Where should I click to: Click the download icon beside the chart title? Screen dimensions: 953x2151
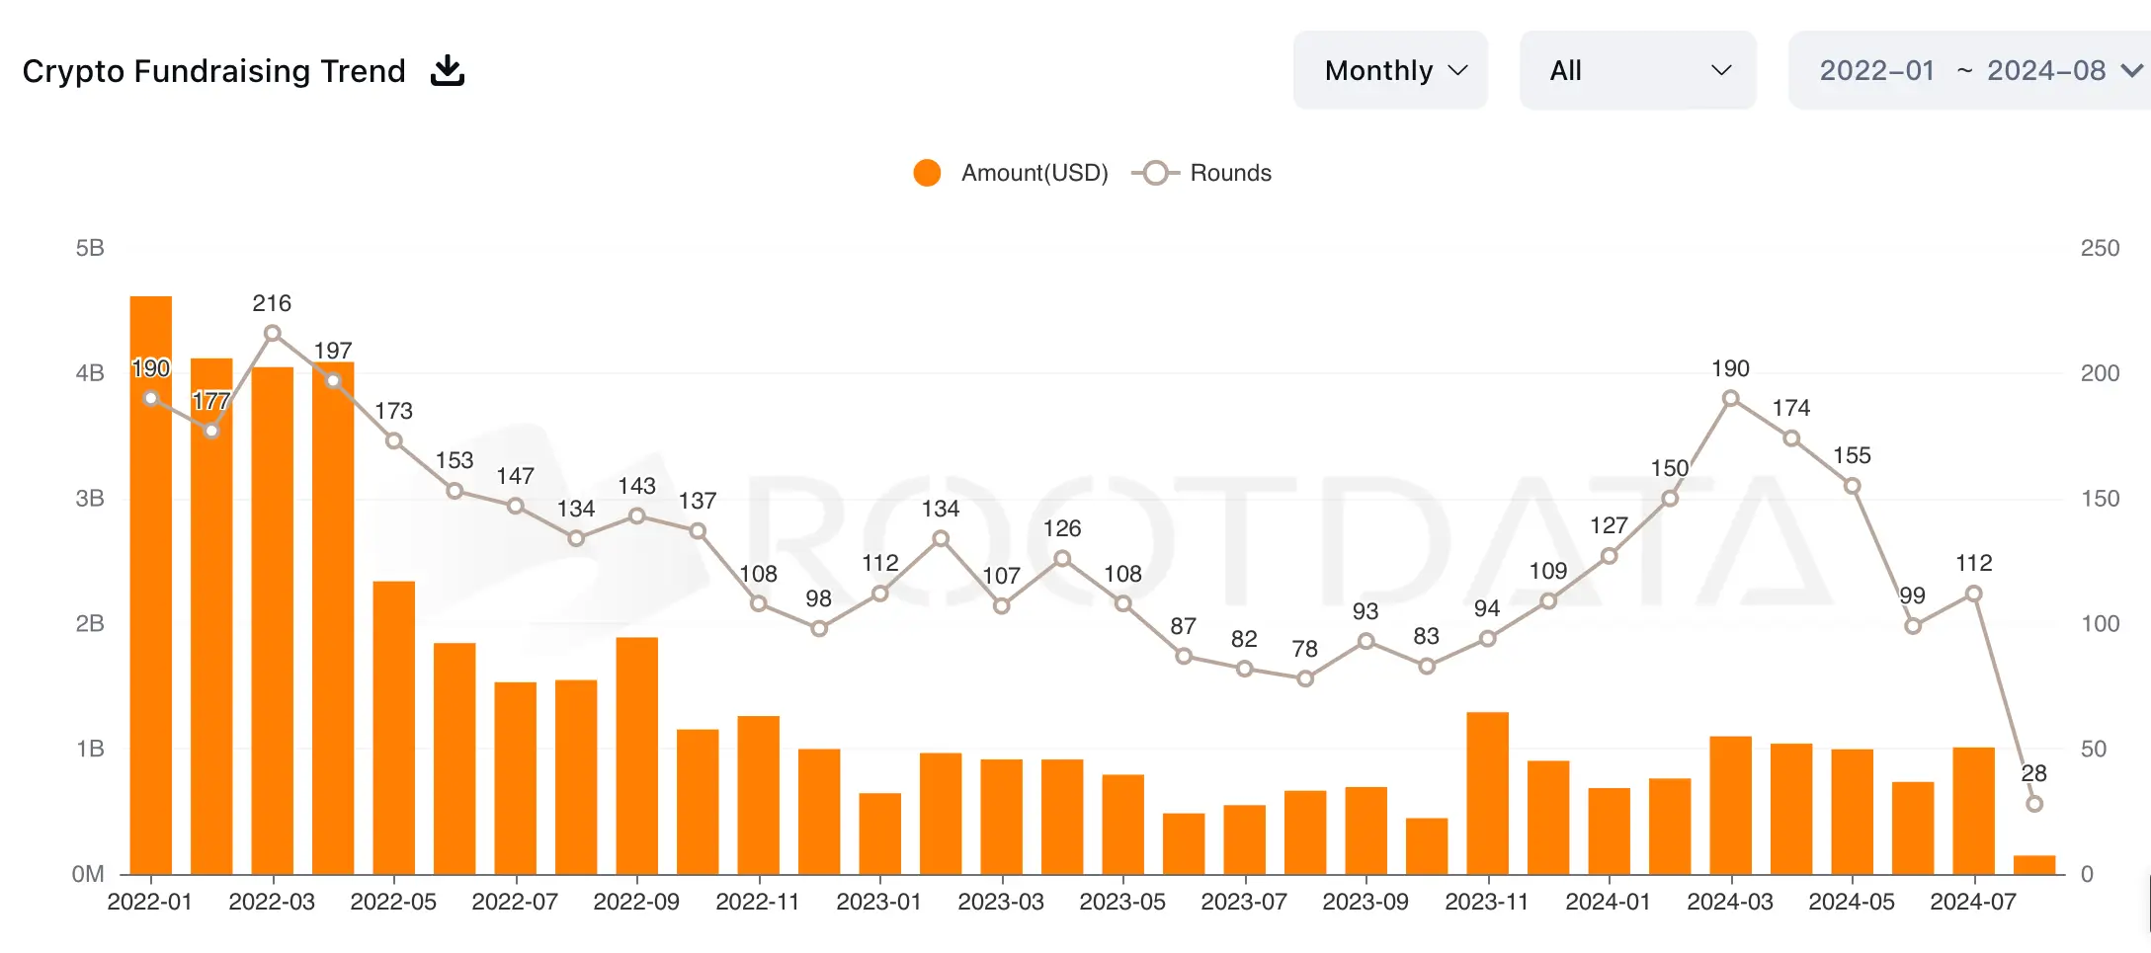(x=448, y=71)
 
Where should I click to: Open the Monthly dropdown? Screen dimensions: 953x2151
(x=1389, y=70)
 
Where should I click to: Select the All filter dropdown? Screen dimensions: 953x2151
(x=1637, y=70)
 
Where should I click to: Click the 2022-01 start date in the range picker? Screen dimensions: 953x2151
(x=1876, y=71)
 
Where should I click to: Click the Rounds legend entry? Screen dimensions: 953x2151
(x=1207, y=173)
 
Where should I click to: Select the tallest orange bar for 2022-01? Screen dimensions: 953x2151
(x=151, y=585)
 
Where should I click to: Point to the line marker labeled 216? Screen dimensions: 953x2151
(x=273, y=334)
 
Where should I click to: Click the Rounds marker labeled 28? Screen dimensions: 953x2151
(x=2034, y=804)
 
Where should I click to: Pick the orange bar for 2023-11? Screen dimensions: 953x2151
(x=1487, y=792)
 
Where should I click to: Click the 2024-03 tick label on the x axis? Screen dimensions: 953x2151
(x=1730, y=902)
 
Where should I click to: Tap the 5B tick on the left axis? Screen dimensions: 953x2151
(x=90, y=248)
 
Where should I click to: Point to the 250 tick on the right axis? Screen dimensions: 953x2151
(x=2099, y=248)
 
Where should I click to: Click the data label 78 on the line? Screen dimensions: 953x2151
(x=1304, y=649)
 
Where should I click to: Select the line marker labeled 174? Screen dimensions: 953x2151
(x=1791, y=438)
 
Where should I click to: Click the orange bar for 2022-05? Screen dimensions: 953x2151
(x=394, y=727)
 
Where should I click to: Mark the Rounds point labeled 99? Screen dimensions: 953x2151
(x=1913, y=626)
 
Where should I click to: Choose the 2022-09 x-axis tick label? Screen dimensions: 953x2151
(x=636, y=902)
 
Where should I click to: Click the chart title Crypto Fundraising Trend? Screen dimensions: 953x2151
(x=213, y=71)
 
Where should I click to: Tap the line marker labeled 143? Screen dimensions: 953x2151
(x=637, y=516)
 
